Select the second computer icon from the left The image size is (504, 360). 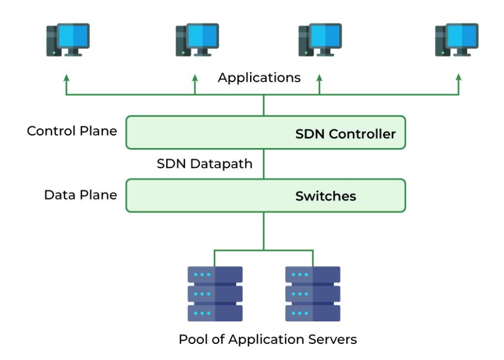[x=197, y=39]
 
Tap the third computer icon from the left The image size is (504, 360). [x=320, y=39]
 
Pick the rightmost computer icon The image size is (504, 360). [x=456, y=39]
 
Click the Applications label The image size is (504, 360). [x=259, y=77]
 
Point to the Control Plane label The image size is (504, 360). [x=72, y=131]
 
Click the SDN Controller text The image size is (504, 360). [x=346, y=134]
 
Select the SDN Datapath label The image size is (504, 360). [x=204, y=163]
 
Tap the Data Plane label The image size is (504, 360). [x=81, y=195]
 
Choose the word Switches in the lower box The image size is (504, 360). [x=326, y=196]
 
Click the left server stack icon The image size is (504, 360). [x=215, y=294]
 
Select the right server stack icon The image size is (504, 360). [x=312, y=294]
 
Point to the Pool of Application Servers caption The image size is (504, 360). [x=268, y=339]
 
